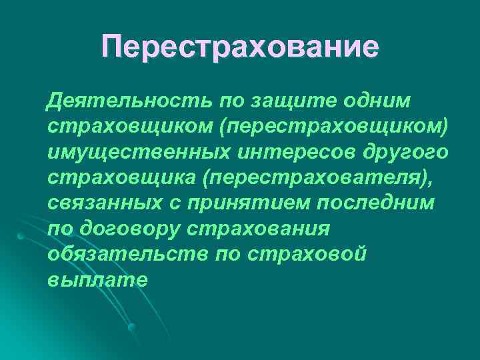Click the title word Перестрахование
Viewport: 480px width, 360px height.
click(x=240, y=48)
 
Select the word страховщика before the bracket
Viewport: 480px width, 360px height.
click(x=114, y=179)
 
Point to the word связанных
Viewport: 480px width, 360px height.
click(x=101, y=204)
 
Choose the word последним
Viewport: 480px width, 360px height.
click(x=371, y=204)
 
